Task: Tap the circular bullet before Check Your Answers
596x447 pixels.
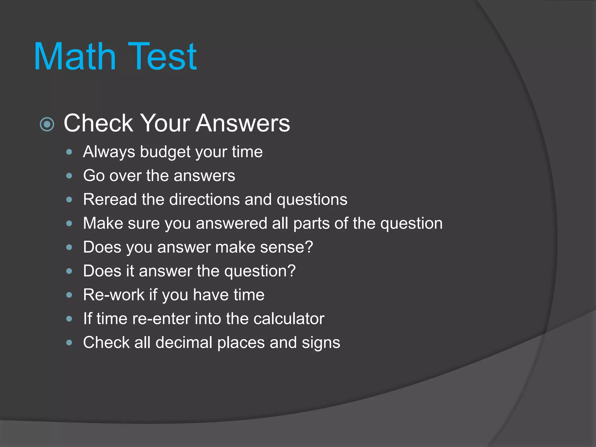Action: tap(47, 125)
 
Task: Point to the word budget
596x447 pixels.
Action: tap(165, 152)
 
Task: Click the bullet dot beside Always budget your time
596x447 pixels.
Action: tap(69, 152)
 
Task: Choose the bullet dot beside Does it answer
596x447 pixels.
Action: tap(69, 271)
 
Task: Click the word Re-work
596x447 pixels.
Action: tap(113, 295)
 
